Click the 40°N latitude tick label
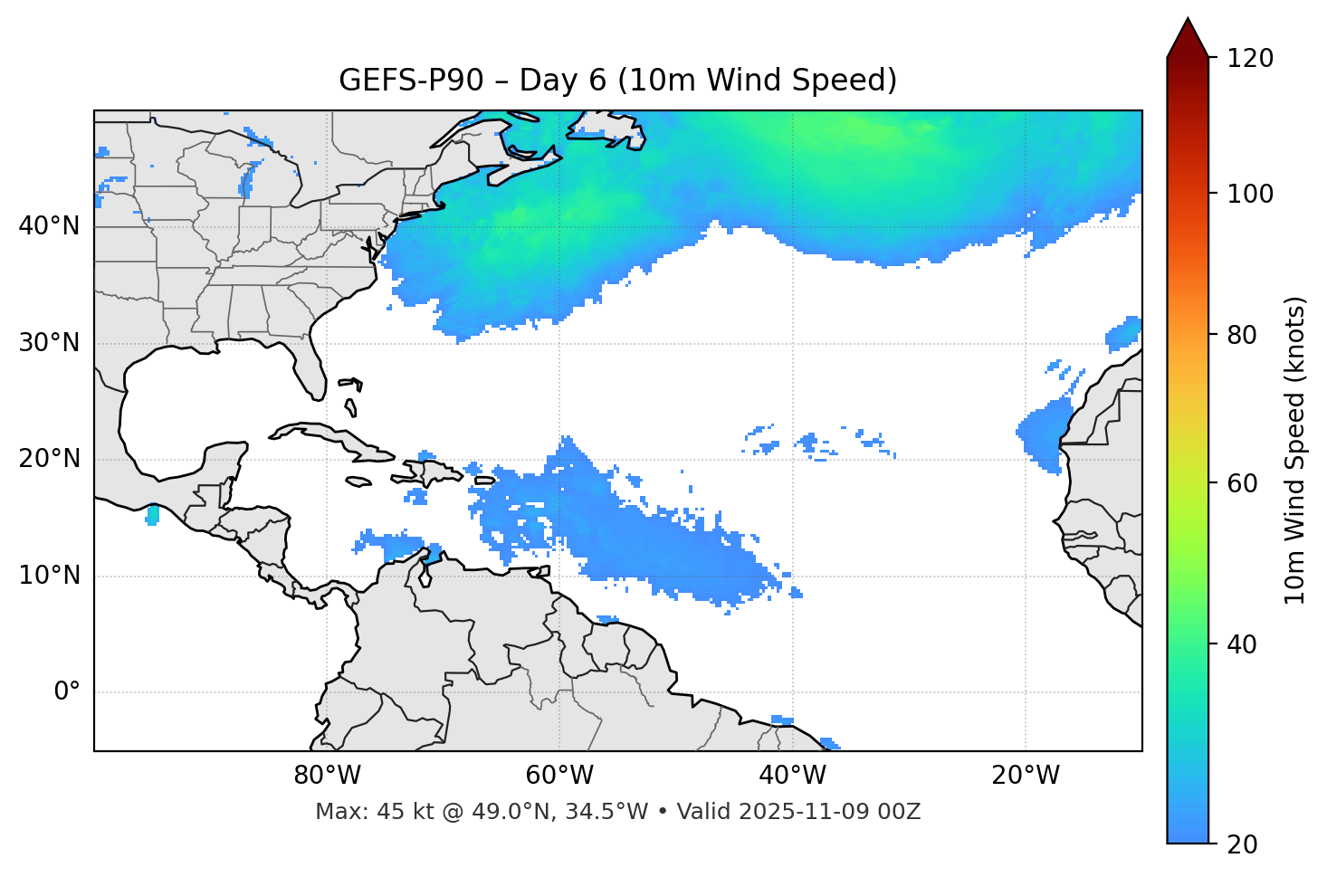pyautogui.click(x=49, y=226)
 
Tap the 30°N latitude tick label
pyautogui.click(x=49, y=343)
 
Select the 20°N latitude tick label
pyautogui.click(x=49, y=460)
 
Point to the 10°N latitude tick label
pyautogui.click(x=49, y=576)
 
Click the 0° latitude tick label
pyautogui.click(x=67, y=692)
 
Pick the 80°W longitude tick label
pyautogui.click(x=327, y=776)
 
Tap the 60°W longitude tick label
pyautogui.click(x=559, y=776)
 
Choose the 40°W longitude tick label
pyautogui.click(x=793, y=776)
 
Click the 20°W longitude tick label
pyautogui.click(x=1026, y=776)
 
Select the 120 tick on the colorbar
pyautogui.click(x=1248, y=59)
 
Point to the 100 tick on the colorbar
pyautogui.click(x=1248, y=194)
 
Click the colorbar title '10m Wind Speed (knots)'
pyautogui.click(x=1295, y=450)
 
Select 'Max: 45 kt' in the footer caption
pyautogui.click(x=365, y=812)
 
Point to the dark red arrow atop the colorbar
pyautogui.click(x=1188, y=40)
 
